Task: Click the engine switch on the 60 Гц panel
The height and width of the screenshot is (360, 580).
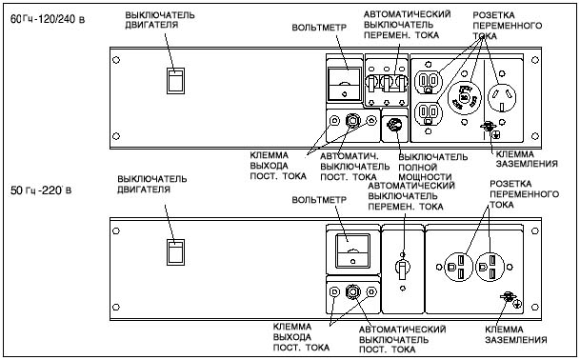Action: (175, 81)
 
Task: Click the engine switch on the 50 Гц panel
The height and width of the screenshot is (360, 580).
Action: (175, 252)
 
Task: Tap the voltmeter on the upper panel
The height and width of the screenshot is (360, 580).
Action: (345, 84)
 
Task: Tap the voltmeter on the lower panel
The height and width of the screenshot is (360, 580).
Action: (352, 250)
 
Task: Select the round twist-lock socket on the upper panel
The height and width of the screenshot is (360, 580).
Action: (465, 97)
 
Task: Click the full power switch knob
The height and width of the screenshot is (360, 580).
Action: (394, 125)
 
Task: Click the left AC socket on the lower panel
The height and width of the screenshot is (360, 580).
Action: (459, 267)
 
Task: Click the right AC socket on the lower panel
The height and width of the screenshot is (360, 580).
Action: (490, 267)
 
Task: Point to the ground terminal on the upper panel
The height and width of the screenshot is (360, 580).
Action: (489, 127)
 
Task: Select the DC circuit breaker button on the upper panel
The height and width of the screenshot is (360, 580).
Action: (352, 121)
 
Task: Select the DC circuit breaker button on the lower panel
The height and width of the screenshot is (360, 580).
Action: (352, 292)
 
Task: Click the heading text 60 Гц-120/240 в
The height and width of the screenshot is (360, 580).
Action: (48, 19)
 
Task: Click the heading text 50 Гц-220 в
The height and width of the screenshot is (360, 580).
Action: (41, 190)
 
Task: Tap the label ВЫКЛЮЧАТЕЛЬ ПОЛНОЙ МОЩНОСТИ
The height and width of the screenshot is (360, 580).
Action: (432, 167)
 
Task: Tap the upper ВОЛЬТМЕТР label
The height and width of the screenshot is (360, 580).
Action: (319, 28)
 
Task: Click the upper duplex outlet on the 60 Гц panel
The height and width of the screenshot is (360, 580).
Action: (429, 81)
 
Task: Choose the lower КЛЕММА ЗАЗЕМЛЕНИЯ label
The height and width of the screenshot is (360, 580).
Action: (516, 334)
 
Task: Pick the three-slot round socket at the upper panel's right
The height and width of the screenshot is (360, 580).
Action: (502, 97)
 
